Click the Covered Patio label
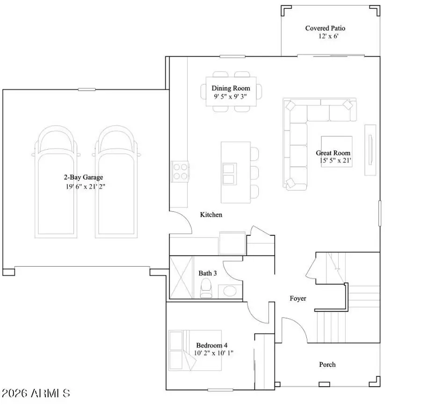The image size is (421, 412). pos(325,28)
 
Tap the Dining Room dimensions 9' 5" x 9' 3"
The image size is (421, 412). pos(231,96)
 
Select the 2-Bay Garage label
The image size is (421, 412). pos(83,177)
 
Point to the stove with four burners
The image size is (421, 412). pos(181,171)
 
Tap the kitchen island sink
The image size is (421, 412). pos(229,173)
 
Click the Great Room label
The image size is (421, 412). pos(333,153)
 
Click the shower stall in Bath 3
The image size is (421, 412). pos(181,277)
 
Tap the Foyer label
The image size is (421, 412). pos(298,298)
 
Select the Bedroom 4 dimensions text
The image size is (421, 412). pos(214,353)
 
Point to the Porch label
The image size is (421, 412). pos(327,364)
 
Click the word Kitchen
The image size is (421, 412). pos(211,215)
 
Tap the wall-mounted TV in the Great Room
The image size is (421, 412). pos(370,149)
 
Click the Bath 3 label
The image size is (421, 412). pos(208,273)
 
